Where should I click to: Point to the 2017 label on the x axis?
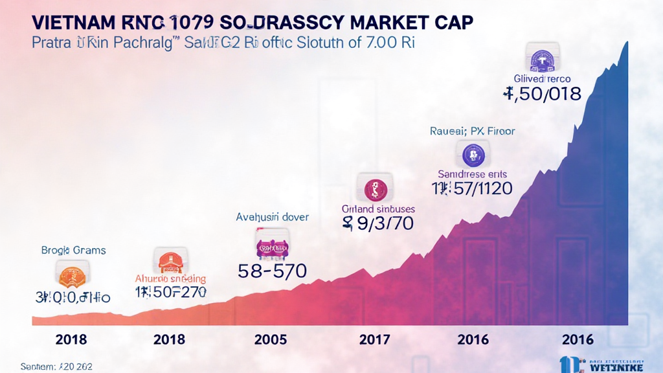(374, 339)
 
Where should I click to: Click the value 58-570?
(272, 271)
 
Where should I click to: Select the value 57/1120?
(472, 188)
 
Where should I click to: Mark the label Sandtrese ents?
(473, 174)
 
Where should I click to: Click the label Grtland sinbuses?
(378, 209)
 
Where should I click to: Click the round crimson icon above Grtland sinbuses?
(376, 188)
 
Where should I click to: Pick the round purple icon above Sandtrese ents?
(474, 154)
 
